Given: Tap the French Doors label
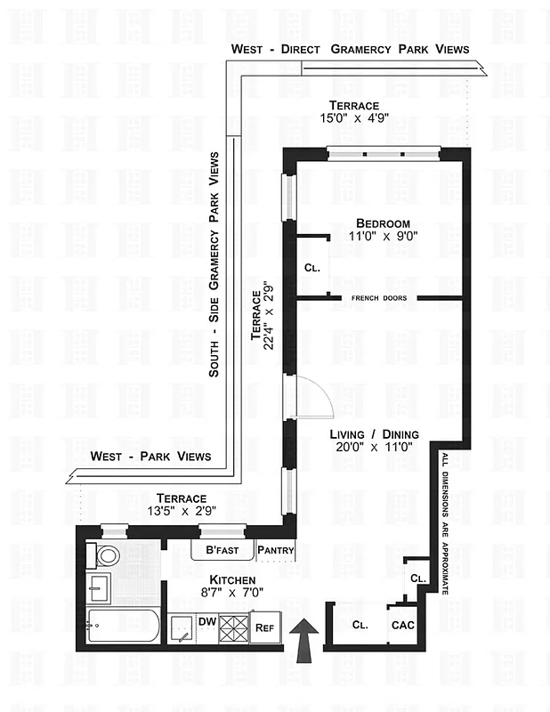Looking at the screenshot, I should point(380,298).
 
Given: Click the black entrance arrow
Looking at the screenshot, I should point(303,640).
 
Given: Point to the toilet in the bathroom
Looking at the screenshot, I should point(108,556).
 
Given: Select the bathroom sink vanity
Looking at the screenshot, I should point(101,587).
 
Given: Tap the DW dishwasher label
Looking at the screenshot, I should point(206,620).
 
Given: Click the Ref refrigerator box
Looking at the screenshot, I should point(264,627).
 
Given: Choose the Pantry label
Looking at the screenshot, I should point(275,551).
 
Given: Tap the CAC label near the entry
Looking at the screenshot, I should point(403,625).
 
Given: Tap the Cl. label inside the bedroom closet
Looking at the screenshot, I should point(311,267).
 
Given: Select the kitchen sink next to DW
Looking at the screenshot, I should point(182,627).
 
